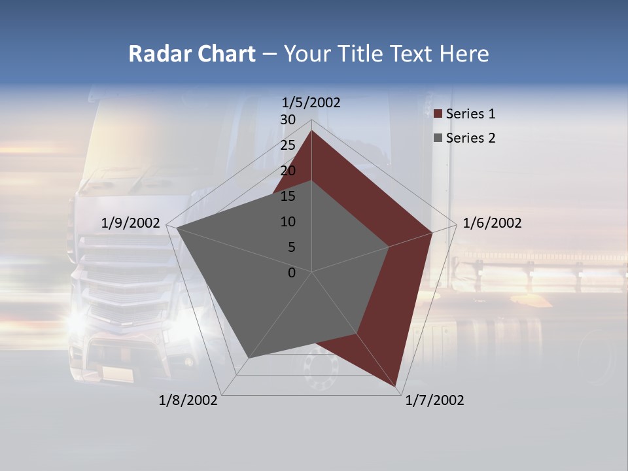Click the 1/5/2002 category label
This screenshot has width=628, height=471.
(311, 103)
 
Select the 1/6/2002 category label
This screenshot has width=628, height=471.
(492, 223)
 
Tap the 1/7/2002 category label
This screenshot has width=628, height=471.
(434, 400)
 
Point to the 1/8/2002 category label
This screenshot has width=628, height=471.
(188, 400)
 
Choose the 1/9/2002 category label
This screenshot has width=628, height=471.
(131, 223)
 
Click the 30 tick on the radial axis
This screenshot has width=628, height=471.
(288, 120)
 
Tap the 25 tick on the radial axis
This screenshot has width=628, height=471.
(288, 145)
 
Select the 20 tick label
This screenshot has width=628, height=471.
(288, 171)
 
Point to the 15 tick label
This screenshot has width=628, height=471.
(288, 196)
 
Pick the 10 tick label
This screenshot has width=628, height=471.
(288, 222)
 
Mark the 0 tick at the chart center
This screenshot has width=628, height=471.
(292, 273)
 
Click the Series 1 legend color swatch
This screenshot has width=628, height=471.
(438, 114)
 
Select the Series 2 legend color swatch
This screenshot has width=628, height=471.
(438, 138)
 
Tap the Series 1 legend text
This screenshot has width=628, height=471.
(471, 114)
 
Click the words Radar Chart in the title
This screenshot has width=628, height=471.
(192, 54)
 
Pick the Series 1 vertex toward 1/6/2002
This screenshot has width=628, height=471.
(432, 232)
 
